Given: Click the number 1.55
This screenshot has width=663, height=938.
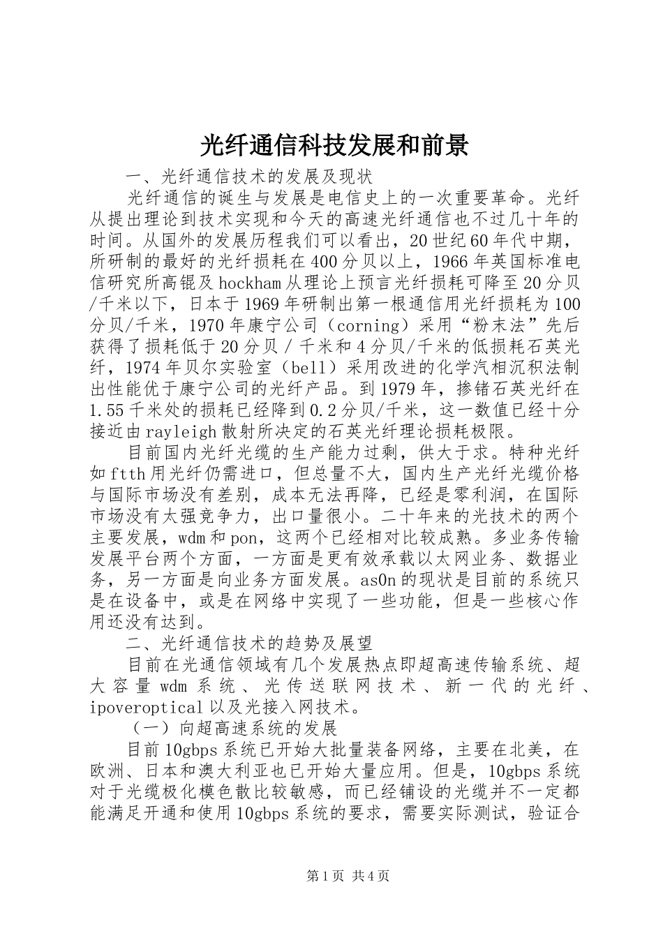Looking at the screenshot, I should pyautogui.click(x=105, y=410).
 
